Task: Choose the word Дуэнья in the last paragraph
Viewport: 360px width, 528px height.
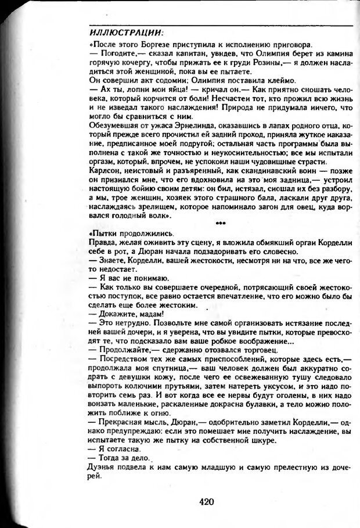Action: pyautogui.click(x=105, y=466)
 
